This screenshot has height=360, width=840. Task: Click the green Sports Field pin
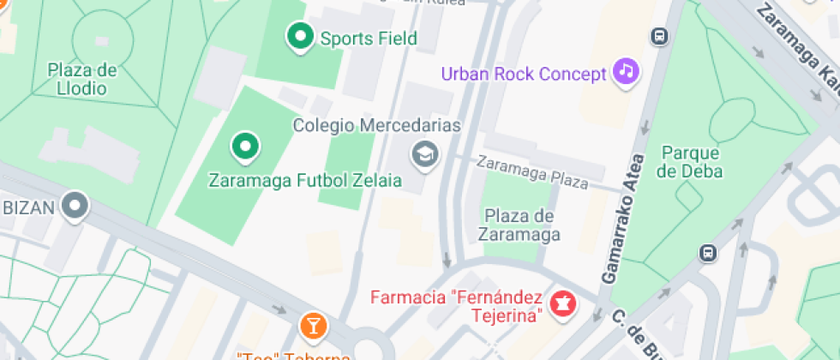coord(300,37)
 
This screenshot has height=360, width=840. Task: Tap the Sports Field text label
coord(369,39)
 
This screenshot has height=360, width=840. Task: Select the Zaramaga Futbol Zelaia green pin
coord(246,147)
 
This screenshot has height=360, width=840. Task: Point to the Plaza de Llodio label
coord(82,79)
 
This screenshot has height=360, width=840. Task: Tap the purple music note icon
coord(627,71)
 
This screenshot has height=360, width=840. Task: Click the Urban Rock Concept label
coord(524,74)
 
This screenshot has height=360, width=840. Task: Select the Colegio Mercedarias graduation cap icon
coord(423,154)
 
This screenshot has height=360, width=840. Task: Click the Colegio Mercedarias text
coord(377,126)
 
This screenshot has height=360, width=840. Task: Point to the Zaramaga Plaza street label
coord(532,171)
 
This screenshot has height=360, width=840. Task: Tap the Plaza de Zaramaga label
coord(521,225)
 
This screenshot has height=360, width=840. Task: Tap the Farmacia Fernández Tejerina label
coord(456,307)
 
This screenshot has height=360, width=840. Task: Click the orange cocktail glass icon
coord(313,325)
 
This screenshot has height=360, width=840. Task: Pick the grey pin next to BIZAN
coord(76,206)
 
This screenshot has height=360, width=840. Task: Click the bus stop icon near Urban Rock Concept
coord(659,36)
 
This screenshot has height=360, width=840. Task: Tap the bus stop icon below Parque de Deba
coord(707,253)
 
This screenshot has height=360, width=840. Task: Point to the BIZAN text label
coord(27,207)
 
